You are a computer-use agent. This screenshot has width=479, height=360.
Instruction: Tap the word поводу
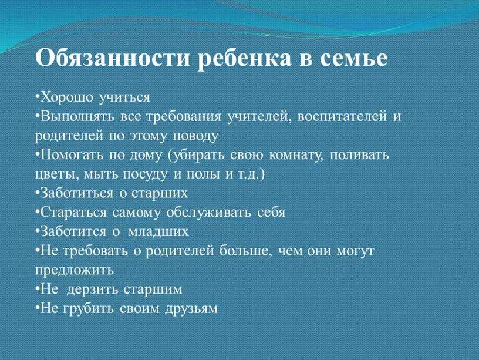(195, 136)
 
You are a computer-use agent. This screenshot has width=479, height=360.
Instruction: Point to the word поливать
(359, 155)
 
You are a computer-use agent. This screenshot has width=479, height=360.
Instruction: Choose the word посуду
(145, 174)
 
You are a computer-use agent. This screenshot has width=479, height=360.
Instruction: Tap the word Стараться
(73, 213)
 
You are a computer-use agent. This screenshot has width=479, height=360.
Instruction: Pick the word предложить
(74, 270)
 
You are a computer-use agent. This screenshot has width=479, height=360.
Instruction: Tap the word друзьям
(191, 309)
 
